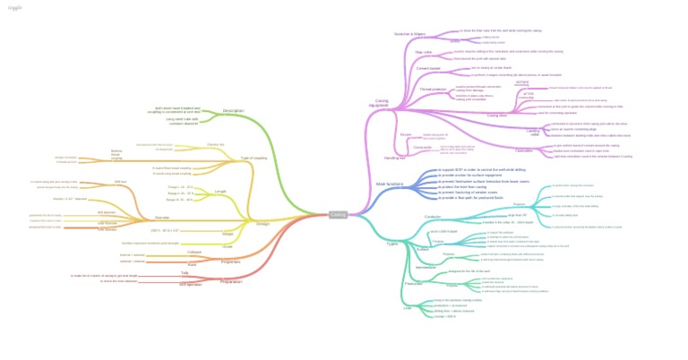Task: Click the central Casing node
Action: click(338, 215)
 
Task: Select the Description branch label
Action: click(233, 111)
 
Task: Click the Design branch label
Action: click(262, 224)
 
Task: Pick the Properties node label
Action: click(231, 261)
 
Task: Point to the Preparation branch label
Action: click(231, 281)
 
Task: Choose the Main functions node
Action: click(389, 184)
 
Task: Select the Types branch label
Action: click(391, 244)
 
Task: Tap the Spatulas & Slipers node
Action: click(409, 34)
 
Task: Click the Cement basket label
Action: click(428, 68)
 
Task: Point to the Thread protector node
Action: click(433, 90)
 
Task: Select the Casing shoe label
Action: click(496, 116)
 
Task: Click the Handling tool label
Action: click(394, 158)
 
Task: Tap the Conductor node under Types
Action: click(433, 217)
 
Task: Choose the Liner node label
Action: click(408, 308)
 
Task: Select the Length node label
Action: click(220, 192)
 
